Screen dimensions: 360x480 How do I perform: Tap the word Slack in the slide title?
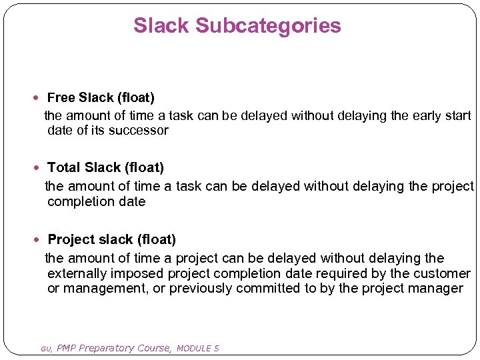coord(161,26)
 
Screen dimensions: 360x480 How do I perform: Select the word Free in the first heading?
coord(61,98)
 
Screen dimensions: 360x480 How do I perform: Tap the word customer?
coord(441,274)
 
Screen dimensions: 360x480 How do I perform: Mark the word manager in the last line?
coord(439,289)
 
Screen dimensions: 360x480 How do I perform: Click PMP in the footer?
coord(67,348)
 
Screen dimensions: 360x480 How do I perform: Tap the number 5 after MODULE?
coord(217,348)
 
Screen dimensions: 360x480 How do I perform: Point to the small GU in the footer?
coord(45,349)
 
